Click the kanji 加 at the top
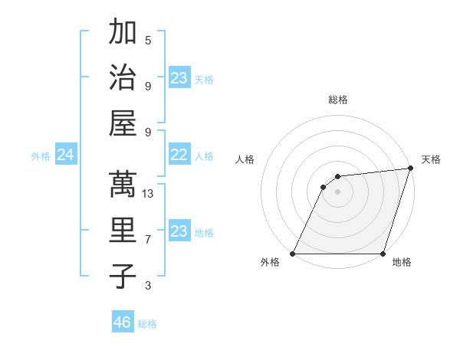[123, 33]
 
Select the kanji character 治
[123, 77]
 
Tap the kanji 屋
[123, 123]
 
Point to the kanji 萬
[123, 185]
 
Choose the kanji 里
[123, 231]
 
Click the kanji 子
[123, 276]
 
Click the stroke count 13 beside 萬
[148, 194]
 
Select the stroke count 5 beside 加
[148, 40]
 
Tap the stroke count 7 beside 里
[148, 240]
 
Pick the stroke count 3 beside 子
[148, 286]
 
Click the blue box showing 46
[123, 322]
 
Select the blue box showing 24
[65, 155]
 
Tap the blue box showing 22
[179, 155]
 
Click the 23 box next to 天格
[179, 78]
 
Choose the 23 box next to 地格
[179, 231]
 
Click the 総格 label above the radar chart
[338, 100]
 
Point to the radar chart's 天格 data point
[411, 169]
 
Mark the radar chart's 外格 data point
[293, 254]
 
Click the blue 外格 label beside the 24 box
[41, 156]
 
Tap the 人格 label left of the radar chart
[245, 159]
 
